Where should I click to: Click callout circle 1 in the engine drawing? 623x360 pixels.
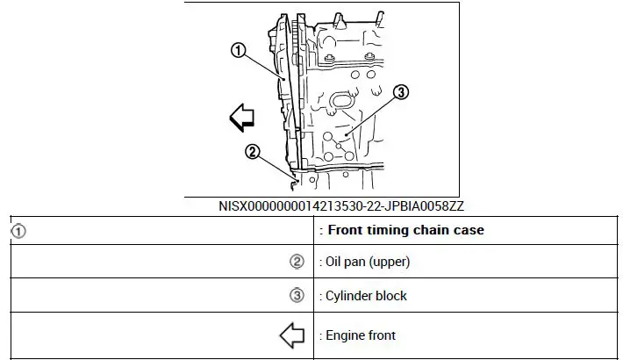click(x=237, y=50)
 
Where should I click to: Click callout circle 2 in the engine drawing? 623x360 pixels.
click(x=252, y=151)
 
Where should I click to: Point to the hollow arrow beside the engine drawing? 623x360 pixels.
click(x=241, y=117)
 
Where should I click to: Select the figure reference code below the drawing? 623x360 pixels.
click(x=341, y=206)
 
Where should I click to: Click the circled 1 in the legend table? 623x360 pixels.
click(x=18, y=231)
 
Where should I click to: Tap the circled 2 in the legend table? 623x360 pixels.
click(x=297, y=262)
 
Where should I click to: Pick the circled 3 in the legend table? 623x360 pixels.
click(x=297, y=296)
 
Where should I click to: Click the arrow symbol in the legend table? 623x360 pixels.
click(x=291, y=335)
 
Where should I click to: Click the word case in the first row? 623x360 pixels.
click(x=469, y=231)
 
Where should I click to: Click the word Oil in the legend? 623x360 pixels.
click(x=336, y=262)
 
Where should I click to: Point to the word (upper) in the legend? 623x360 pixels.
click(x=390, y=262)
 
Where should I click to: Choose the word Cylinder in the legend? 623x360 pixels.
click(x=350, y=296)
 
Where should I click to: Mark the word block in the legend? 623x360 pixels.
click(x=392, y=296)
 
